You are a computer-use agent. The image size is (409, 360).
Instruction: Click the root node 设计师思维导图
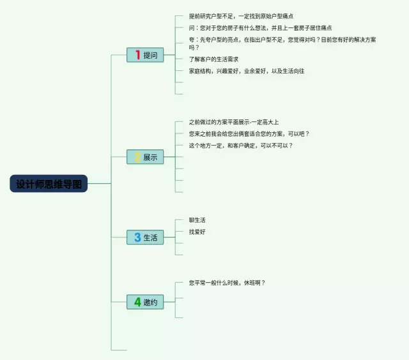(x=49, y=184)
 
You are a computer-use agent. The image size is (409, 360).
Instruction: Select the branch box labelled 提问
(x=145, y=55)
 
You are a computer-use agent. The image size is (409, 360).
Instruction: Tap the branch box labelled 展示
(x=145, y=157)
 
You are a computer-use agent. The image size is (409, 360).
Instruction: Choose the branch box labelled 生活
(x=145, y=237)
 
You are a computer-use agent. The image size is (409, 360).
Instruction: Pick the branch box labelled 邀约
(x=145, y=302)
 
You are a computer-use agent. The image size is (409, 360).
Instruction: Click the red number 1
(x=137, y=55)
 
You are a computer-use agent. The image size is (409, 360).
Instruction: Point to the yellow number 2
(x=137, y=157)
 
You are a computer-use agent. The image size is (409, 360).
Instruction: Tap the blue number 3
(x=137, y=237)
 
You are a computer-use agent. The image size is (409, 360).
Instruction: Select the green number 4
(x=137, y=302)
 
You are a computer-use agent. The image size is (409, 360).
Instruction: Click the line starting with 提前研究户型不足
(x=241, y=16)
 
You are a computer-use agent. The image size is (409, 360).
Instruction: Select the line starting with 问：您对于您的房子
(x=260, y=28)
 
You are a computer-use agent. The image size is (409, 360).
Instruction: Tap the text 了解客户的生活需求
(x=213, y=59)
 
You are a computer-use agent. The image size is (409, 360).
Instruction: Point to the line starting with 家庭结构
(x=246, y=71)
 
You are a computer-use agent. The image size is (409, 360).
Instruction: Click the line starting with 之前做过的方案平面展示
(x=233, y=122)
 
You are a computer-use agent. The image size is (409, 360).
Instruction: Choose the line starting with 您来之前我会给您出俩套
(x=249, y=134)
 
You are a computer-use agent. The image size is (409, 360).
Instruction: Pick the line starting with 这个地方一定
(x=240, y=146)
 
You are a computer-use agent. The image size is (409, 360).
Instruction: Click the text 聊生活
(x=197, y=220)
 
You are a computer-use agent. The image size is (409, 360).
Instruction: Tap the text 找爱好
(x=197, y=232)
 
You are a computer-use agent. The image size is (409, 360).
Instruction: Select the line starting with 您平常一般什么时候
(x=226, y=283)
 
